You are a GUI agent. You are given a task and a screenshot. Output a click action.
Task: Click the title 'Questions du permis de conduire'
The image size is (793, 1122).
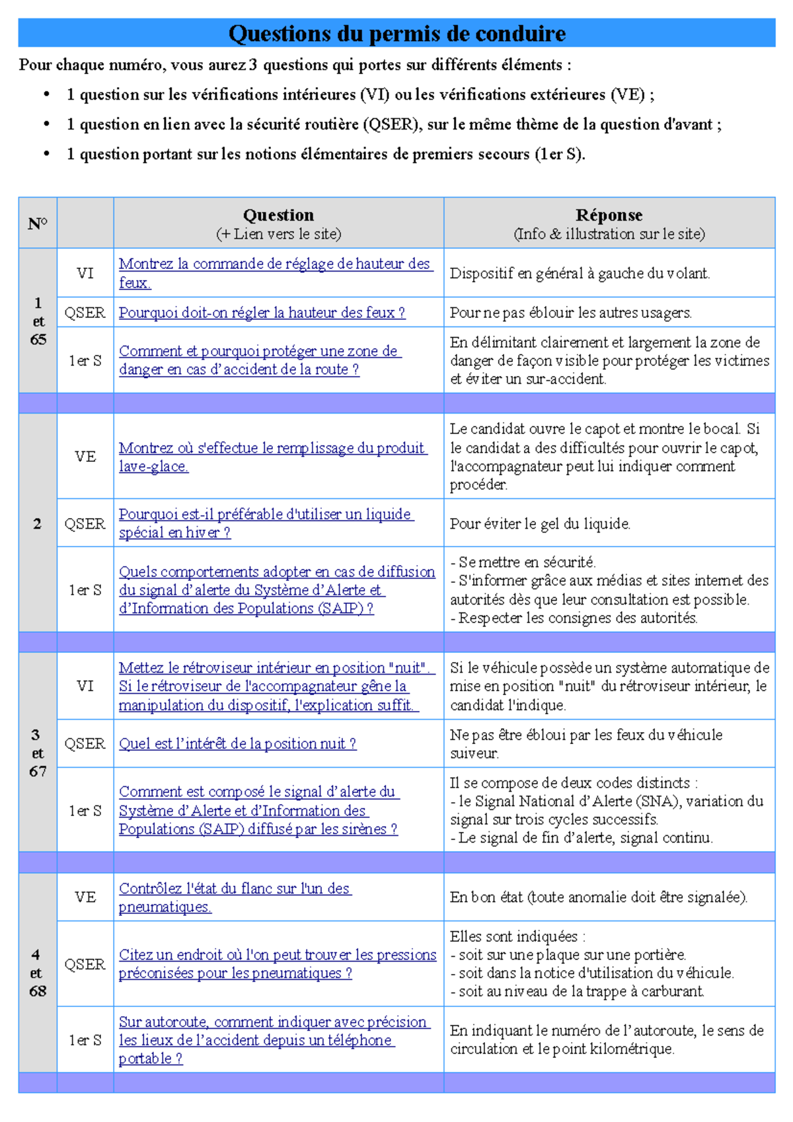tap(397, 34)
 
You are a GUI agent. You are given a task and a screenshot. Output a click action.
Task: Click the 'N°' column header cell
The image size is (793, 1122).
tap(38, 223)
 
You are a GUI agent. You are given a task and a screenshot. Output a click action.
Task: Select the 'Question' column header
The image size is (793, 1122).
tap(278, 223)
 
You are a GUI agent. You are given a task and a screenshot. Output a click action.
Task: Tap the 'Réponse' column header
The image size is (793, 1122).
tap(609, 223)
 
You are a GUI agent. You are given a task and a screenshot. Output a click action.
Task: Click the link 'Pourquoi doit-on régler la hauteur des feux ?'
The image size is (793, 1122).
tap(262, 313)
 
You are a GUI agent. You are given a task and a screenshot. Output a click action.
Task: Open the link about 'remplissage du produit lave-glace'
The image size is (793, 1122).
tap(272, 457)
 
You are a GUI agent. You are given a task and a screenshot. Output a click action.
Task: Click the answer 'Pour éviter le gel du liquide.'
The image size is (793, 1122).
tap(540, 524)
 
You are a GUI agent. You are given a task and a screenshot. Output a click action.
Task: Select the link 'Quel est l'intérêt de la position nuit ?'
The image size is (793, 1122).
tap(237, 744)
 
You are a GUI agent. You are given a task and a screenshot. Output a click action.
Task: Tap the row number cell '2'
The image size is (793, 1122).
tap(38, 524)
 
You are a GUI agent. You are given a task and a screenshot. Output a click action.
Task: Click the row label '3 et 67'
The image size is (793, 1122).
tap(38, 753)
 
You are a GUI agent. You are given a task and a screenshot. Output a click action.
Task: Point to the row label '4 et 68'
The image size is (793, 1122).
tap(38, 973)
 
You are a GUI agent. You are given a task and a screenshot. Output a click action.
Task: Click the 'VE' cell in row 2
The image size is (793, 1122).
tap(85, 457)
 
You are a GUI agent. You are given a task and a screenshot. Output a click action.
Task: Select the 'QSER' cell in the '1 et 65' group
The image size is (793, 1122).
tap(85, 313)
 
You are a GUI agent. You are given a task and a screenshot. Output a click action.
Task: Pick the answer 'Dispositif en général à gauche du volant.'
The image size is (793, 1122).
tap(580, 274)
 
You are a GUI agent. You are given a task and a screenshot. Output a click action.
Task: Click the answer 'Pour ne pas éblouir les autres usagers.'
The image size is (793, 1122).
tap(571, 313)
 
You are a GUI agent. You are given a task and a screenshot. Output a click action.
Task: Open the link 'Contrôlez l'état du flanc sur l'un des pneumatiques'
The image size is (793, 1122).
tap(235, 897)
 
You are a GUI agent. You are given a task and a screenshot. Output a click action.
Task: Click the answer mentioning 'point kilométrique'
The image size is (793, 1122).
tap(607, 1039)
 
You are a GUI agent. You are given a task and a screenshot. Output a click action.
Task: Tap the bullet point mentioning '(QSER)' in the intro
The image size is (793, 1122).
tap(394, 125)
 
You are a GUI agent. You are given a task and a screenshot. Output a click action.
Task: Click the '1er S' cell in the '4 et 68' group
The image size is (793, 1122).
tap(85, 1040)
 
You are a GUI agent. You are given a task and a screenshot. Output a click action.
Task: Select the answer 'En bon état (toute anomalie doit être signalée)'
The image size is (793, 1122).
tap(598, 897)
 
